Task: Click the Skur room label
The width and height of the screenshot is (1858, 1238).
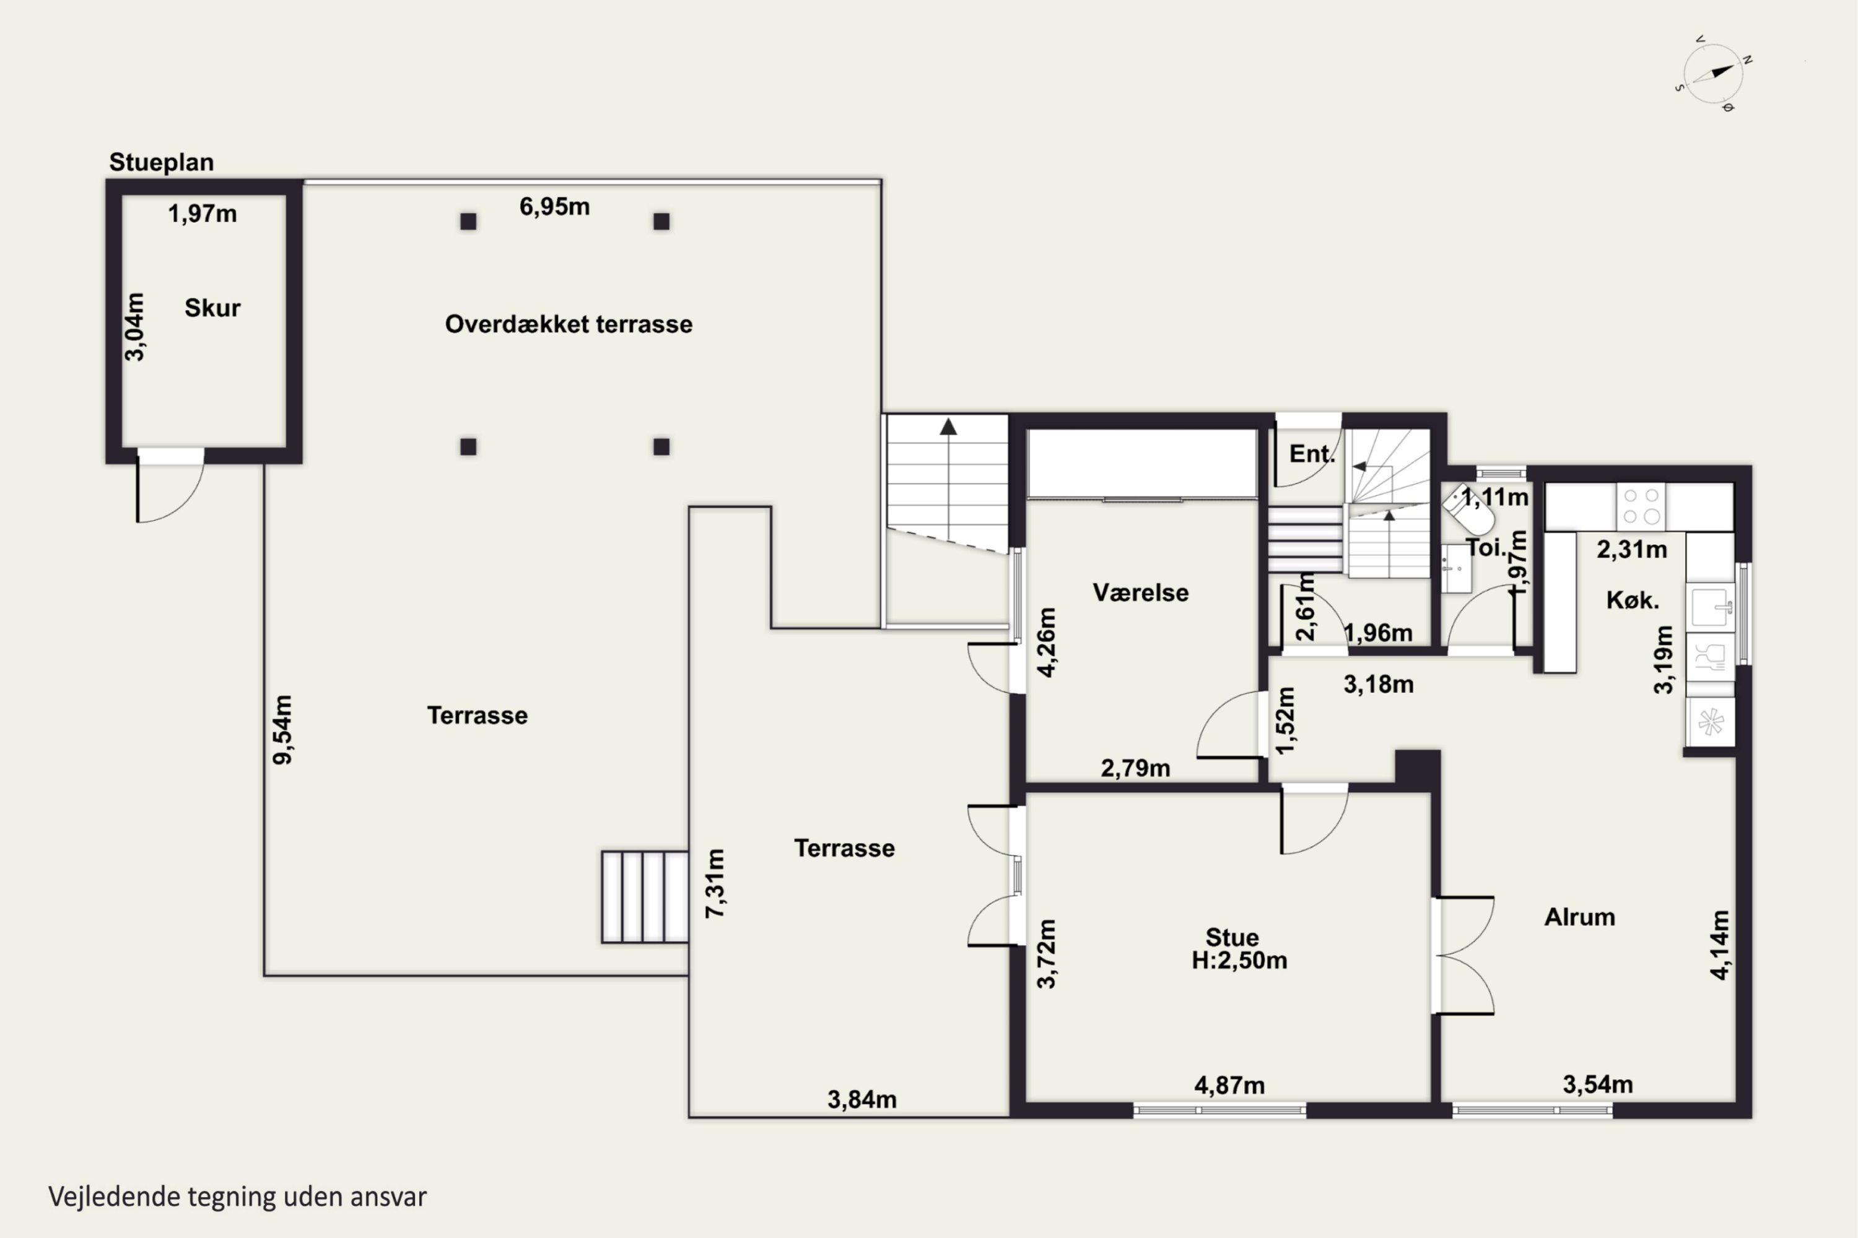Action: [x=212, y=307]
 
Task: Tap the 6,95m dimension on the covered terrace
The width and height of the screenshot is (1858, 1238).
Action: [x=554, y=207]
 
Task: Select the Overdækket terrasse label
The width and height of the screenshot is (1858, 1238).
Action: [x=569, y=324]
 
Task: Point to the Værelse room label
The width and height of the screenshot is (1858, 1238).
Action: [x=1140, y=592]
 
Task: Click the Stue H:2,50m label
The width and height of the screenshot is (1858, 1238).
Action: [x=1239, y=948]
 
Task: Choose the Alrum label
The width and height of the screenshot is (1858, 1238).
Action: [x=1580, y=917]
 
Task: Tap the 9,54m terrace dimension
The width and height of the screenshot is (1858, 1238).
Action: [x=282, y=730]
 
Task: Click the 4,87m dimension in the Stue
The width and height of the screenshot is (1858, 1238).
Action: [x=1229, y=1086]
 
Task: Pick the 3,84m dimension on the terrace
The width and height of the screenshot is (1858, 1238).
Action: [x=862, y=1099]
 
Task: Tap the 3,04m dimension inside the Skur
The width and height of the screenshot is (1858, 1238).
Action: [x=135, y=327]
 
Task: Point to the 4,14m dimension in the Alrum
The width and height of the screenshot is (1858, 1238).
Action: [x=1720, y=945]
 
